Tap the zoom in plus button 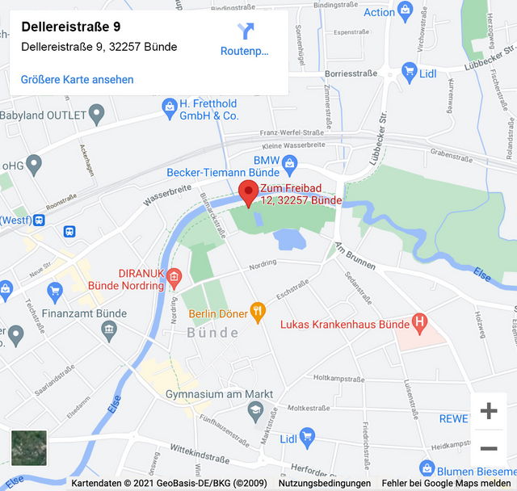(x=489, y=411)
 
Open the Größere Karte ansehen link (x=78, y=79)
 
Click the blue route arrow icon (x=246, y=31)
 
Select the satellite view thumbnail (x=29, y=447)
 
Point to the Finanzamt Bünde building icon (x=109, y=329)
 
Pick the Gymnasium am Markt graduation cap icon (x=255, y=410)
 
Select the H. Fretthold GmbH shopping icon (x=170, y=106)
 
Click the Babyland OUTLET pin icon (x=97, y=114)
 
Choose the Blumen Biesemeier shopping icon (x=427, y=468)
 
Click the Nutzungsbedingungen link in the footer (x=324, y=483)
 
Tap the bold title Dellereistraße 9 (x=71, y=27)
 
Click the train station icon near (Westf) (x=70, y=232)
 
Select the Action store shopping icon (x=406, y=11)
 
